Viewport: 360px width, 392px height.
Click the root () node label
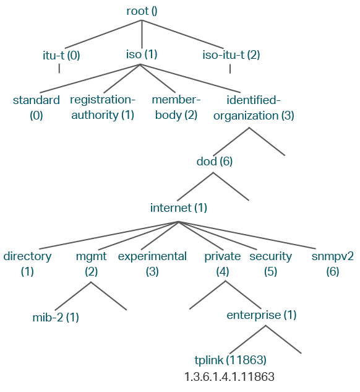click(142, 11)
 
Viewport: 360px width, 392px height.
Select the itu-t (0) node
click(61, 55)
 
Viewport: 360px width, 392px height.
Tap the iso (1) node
click(142, 54)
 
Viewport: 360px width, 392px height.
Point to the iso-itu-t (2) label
click(231, 55)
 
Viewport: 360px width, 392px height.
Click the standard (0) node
click(36, 108)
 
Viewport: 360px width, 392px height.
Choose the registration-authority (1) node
click(103, 108)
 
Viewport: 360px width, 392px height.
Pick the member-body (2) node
click(176, 108)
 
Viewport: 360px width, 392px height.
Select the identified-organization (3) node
click(254, 108)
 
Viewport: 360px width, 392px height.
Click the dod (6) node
click(215, 162)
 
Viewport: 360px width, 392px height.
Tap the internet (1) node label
click(179, 208)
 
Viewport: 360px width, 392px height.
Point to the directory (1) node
click(27, 264)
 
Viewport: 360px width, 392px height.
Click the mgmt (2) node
click(92, 264)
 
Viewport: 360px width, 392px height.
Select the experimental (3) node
click(152, 264)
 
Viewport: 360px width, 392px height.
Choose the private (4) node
click(223, 264)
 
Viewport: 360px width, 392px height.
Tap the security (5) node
click(271, 264)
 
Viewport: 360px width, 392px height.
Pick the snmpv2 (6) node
click(333, 264)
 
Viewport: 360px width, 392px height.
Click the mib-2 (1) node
click(56, 318)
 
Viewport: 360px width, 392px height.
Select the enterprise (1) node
click(262, 315)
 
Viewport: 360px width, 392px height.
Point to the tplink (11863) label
click(231, 360)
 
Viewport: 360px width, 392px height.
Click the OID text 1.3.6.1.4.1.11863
click(229, 377)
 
